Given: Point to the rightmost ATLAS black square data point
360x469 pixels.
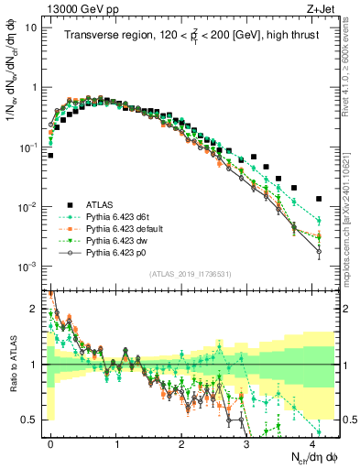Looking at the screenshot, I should (x=318, y=199).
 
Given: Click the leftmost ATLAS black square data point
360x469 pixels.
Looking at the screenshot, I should (x=51, y=156).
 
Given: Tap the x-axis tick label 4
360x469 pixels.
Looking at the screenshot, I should (x=312, y=441).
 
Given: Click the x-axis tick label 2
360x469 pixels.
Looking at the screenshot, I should (x=181, y=441).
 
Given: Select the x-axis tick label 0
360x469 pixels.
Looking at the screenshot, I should (x=51, y=441).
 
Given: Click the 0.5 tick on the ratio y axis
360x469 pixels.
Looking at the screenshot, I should (x=33, y=420).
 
